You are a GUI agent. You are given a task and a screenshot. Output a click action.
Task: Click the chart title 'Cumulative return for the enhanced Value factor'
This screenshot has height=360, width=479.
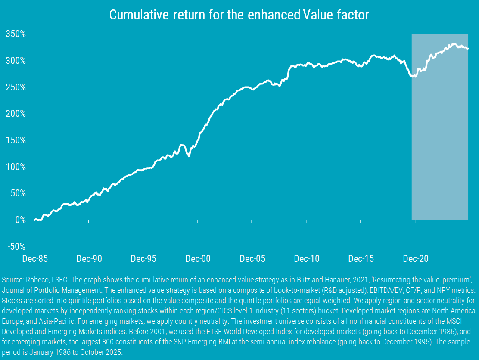(x=239, y=15)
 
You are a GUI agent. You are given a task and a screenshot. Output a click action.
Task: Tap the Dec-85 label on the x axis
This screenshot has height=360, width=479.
(x=35, y=259)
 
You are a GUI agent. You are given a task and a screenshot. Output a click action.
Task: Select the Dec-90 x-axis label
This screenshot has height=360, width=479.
(x=89, y=259)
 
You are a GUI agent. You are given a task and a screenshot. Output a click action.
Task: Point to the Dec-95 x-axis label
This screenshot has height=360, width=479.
(x=143, y=259)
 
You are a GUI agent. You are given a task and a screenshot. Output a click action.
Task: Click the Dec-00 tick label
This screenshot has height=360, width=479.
(x=198, y=259)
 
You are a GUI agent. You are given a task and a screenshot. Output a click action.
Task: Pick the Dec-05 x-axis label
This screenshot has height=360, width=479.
(x=252, y=259)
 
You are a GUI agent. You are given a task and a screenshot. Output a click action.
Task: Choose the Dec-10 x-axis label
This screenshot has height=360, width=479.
(x=307, y=259)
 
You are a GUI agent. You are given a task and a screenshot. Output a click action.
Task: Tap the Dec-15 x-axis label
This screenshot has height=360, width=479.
(x=361, y=259)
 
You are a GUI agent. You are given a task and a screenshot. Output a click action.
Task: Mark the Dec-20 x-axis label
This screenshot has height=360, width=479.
(x=415, y=259)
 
